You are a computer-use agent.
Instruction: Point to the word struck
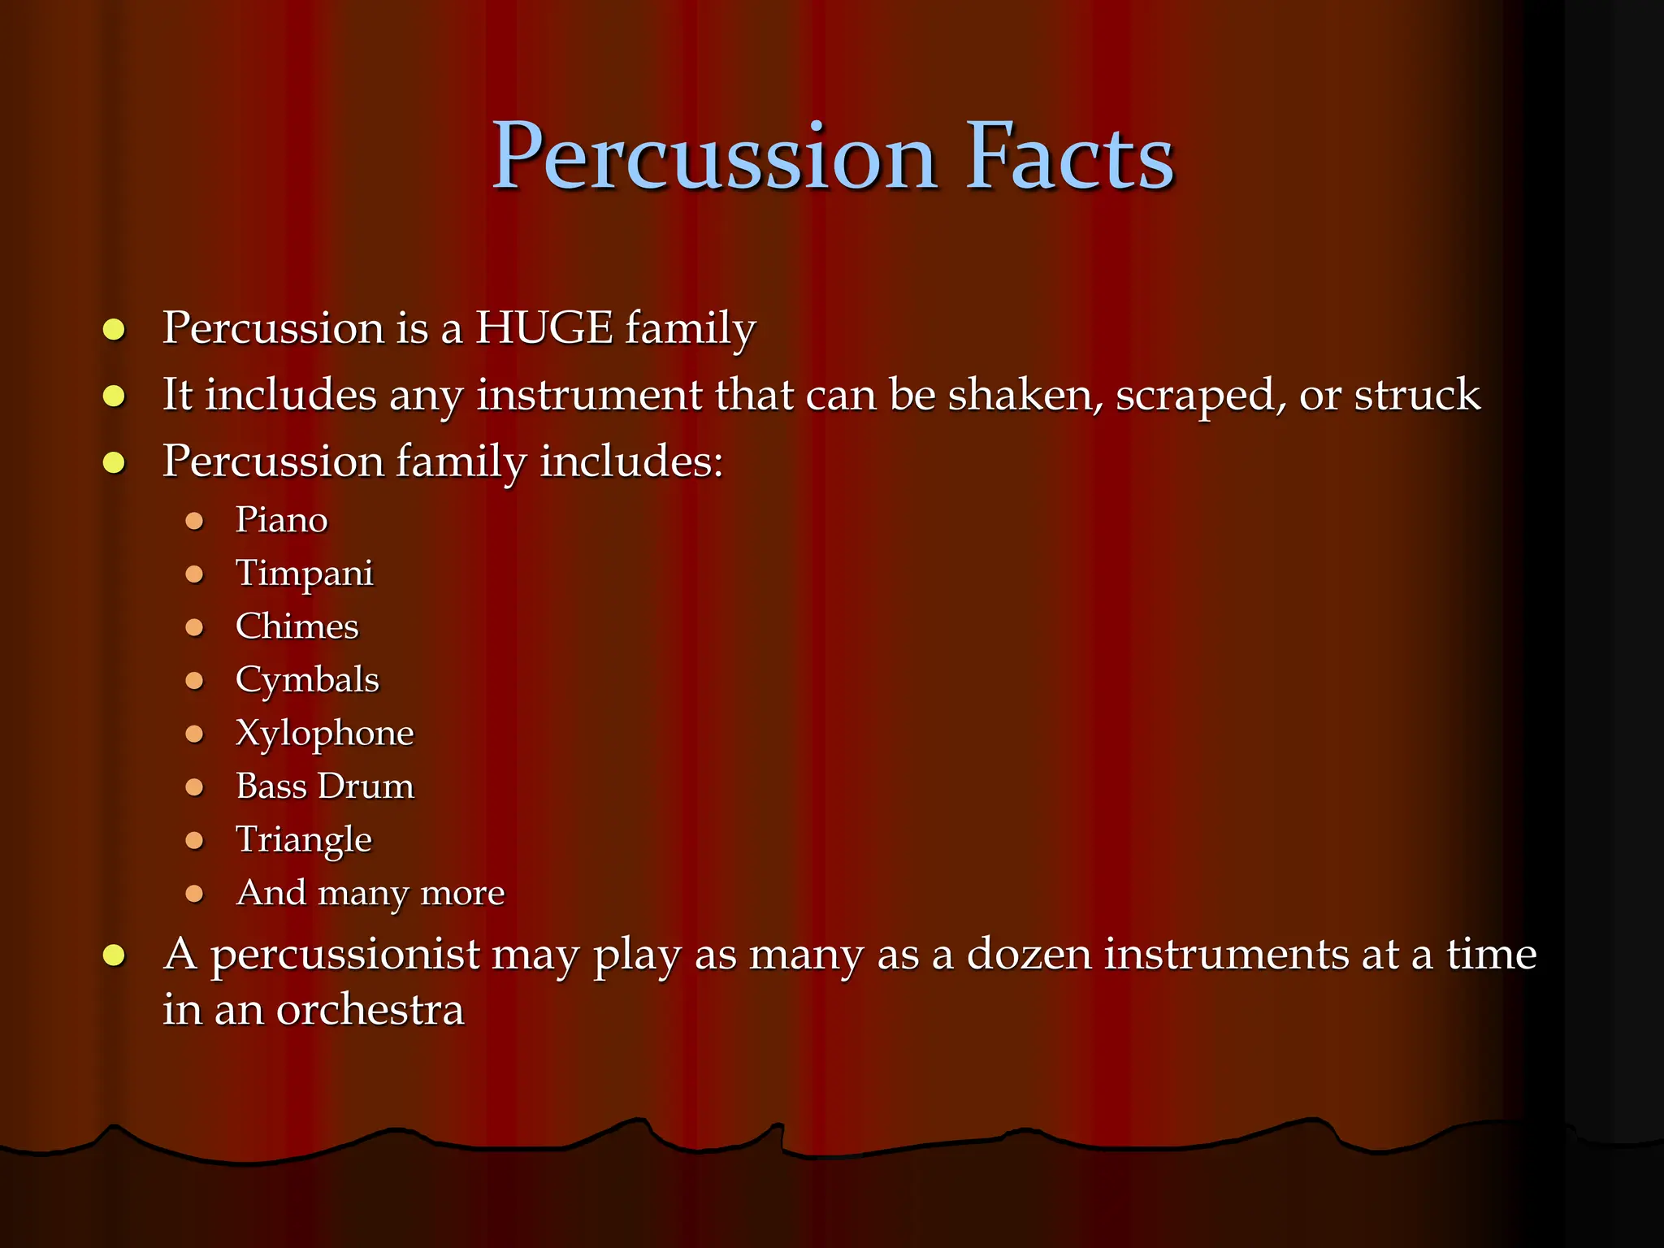pos(1417,395)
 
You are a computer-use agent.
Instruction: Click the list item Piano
pos(281,520)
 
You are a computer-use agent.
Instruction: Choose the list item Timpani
pos(304,574)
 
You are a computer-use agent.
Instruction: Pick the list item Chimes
pos(297,626)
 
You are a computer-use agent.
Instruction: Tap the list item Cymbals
pos(307,680)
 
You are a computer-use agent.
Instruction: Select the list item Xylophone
pos(324,734)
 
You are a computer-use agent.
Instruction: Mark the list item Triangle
pos(303,840)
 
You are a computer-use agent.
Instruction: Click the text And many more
pos(370,893)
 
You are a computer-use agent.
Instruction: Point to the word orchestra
pos(370,1010)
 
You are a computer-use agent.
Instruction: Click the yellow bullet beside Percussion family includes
pos(114,463)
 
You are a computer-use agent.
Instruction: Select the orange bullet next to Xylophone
pos(194,734)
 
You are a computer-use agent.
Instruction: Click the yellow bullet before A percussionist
pos(114,955)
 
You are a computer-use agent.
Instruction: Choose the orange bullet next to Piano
pos(194,521)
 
